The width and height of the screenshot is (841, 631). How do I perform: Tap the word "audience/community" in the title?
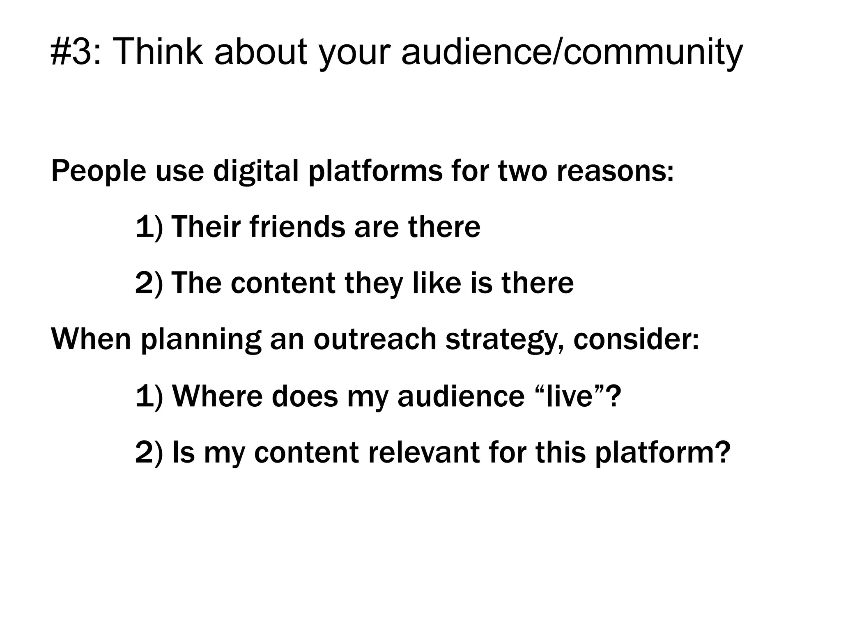tap(572, 52)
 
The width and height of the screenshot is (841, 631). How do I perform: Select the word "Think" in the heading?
tap(157, 52)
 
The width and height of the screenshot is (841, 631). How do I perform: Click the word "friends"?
tap(297, 227)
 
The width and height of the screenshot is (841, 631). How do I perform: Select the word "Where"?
tap(217, 396)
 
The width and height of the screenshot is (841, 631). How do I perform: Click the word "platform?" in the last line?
tap(663, 452)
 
